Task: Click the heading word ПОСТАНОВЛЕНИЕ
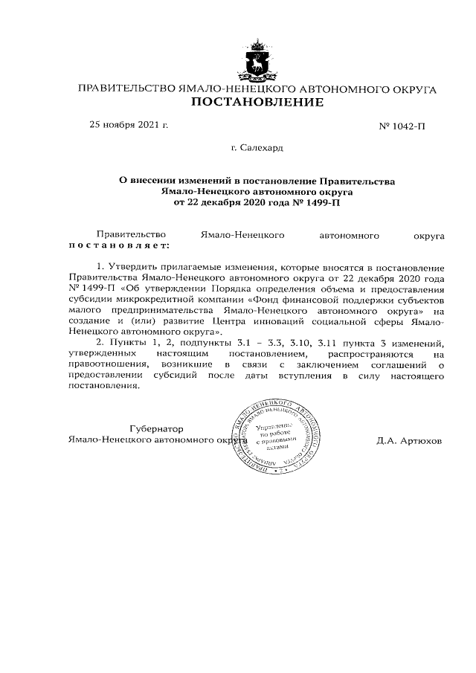(x=257, y=102)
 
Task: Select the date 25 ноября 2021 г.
(x=129, y=124)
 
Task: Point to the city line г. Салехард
(x=257, y=148)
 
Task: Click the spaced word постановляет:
(x=119, y=245)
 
